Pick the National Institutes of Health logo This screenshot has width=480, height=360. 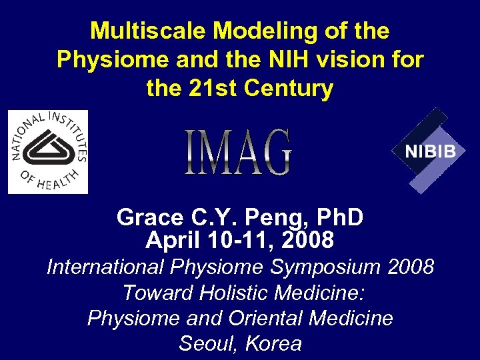[x=48, y=152]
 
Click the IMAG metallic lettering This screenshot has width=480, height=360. [x=238, y=153]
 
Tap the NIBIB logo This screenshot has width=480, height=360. [x=430, y=151]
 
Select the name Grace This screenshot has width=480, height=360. [x=149, y=217]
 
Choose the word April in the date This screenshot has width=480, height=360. [x=173, y=239]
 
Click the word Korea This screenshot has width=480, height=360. [x=274, y=343]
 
